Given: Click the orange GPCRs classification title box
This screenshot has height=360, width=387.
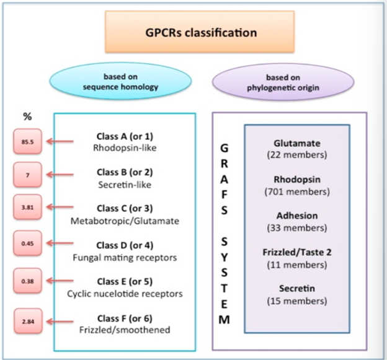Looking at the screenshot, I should pos(202,32).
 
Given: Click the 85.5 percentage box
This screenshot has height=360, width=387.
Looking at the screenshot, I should pos(29,141).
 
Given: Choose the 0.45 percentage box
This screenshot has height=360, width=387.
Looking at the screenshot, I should pos(29,243).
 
